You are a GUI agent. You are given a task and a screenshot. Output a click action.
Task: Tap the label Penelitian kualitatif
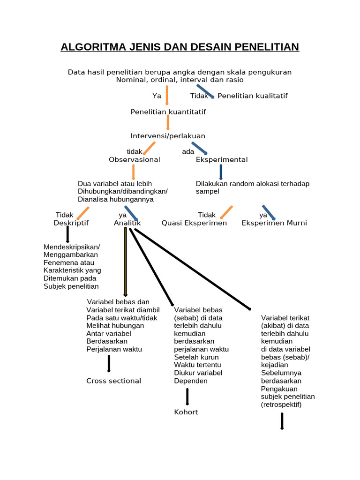pos(253,96)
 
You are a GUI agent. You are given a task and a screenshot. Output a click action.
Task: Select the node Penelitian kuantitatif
pos(168,112)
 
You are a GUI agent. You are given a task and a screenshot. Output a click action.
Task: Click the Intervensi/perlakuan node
pos(168,136)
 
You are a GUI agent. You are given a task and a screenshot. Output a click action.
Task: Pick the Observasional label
pos(135,159)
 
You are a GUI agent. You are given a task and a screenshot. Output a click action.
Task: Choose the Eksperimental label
pos(222,159)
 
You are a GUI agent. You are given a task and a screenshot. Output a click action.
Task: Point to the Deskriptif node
pos(71,223)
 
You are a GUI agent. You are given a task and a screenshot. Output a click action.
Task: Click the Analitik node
pos(127,223)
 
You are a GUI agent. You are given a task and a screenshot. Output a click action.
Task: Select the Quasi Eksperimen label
pos(194,223)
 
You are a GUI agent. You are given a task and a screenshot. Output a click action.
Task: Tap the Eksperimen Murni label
pos(274,223)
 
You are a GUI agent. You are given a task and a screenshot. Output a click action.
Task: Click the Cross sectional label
pos(113,381)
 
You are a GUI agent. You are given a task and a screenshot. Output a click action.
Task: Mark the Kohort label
pos(186,412)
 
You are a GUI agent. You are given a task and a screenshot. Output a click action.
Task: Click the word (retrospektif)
pos(281,404)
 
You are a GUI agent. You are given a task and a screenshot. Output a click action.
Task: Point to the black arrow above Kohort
pos(187,396)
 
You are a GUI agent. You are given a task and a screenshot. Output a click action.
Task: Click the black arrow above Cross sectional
pos(109,363)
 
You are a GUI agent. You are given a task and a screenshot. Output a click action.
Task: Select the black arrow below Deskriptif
pos(68,234)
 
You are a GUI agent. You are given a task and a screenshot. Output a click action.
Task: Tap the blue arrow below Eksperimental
pos(221,172)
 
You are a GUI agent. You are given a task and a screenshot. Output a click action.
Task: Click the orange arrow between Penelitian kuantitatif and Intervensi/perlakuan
pos(168,123)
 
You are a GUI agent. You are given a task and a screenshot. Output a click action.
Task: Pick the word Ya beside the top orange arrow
pos(157,96)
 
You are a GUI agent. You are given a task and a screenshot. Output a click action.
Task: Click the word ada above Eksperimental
pos(188,151)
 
